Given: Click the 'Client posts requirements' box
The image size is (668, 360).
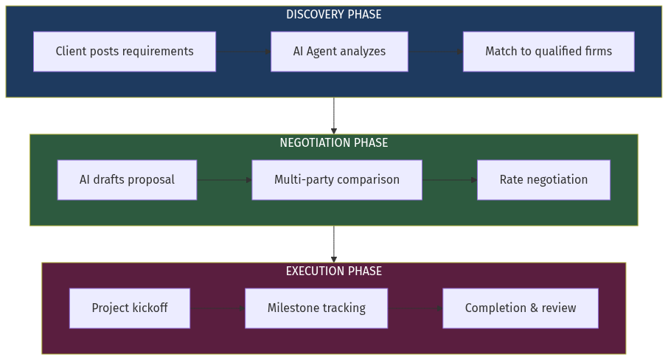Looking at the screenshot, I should pos(125,52).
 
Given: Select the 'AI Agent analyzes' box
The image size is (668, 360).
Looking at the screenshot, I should pos(339,52).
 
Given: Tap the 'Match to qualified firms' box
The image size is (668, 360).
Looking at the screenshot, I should pos(549,52).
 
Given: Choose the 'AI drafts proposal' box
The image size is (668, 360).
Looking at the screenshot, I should pos(127,180).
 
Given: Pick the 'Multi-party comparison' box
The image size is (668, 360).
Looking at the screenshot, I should pos(337,180).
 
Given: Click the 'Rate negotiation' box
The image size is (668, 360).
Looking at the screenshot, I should pos(543,180).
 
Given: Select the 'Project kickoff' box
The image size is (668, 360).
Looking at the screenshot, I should pos(130,308).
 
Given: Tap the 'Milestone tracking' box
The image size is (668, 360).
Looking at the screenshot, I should pos(316,308).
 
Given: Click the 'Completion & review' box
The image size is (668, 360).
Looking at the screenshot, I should pos(521,308).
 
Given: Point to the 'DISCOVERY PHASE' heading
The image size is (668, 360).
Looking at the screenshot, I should pos(334,15).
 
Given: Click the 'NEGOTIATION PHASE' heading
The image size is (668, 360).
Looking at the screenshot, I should pos(334,143).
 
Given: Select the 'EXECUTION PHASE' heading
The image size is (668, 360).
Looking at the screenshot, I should pos(334,271).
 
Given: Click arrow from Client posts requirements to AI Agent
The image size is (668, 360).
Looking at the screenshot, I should pos(243,52).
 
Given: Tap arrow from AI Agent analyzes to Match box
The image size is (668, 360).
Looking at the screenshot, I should pos(435,52).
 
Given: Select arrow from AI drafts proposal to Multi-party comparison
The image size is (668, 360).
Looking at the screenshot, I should pos(224,180).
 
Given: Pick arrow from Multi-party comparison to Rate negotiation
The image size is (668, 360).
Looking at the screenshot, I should pos(450,180).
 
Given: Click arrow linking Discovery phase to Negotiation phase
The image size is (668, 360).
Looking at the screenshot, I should pos(334,116).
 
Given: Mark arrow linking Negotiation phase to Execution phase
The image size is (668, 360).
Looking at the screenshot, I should pos(334,244).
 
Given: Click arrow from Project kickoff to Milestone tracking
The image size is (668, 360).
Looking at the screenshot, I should pos(218,308).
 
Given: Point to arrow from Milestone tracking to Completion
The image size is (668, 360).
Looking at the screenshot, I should pos(415,308).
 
